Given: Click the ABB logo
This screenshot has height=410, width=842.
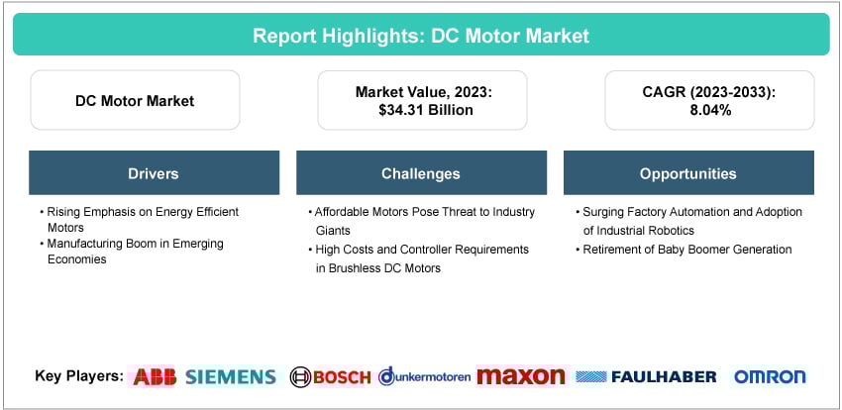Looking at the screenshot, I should [x=154, y=376].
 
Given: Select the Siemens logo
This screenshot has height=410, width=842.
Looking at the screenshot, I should [x=230, y=376].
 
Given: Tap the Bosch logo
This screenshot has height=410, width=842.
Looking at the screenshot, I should [x=330, y=376].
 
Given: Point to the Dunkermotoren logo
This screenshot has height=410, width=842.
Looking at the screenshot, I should [x=424, y=376].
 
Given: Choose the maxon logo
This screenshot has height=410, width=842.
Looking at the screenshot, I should [x=520, y=376].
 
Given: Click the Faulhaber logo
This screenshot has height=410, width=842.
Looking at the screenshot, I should [x=647, y=376].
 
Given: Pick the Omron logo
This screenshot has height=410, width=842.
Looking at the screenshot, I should [x=770, y=376].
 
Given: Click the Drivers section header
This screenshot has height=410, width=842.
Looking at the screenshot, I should [x=154, y=173].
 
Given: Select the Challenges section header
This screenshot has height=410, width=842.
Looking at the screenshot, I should [x=421, y=173].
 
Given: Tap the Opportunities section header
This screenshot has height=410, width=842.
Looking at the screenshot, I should [x=687, y=173].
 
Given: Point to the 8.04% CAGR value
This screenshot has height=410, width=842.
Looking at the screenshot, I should [x=708, y=110].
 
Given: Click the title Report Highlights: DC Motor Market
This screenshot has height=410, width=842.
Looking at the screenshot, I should [x=421, y=36].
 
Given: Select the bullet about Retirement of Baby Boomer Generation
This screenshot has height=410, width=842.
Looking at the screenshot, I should [x=684, y=250].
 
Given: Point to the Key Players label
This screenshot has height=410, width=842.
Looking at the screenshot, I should [x=78, y=376].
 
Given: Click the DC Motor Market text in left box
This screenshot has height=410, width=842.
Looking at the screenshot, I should [x=135, y=100].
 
